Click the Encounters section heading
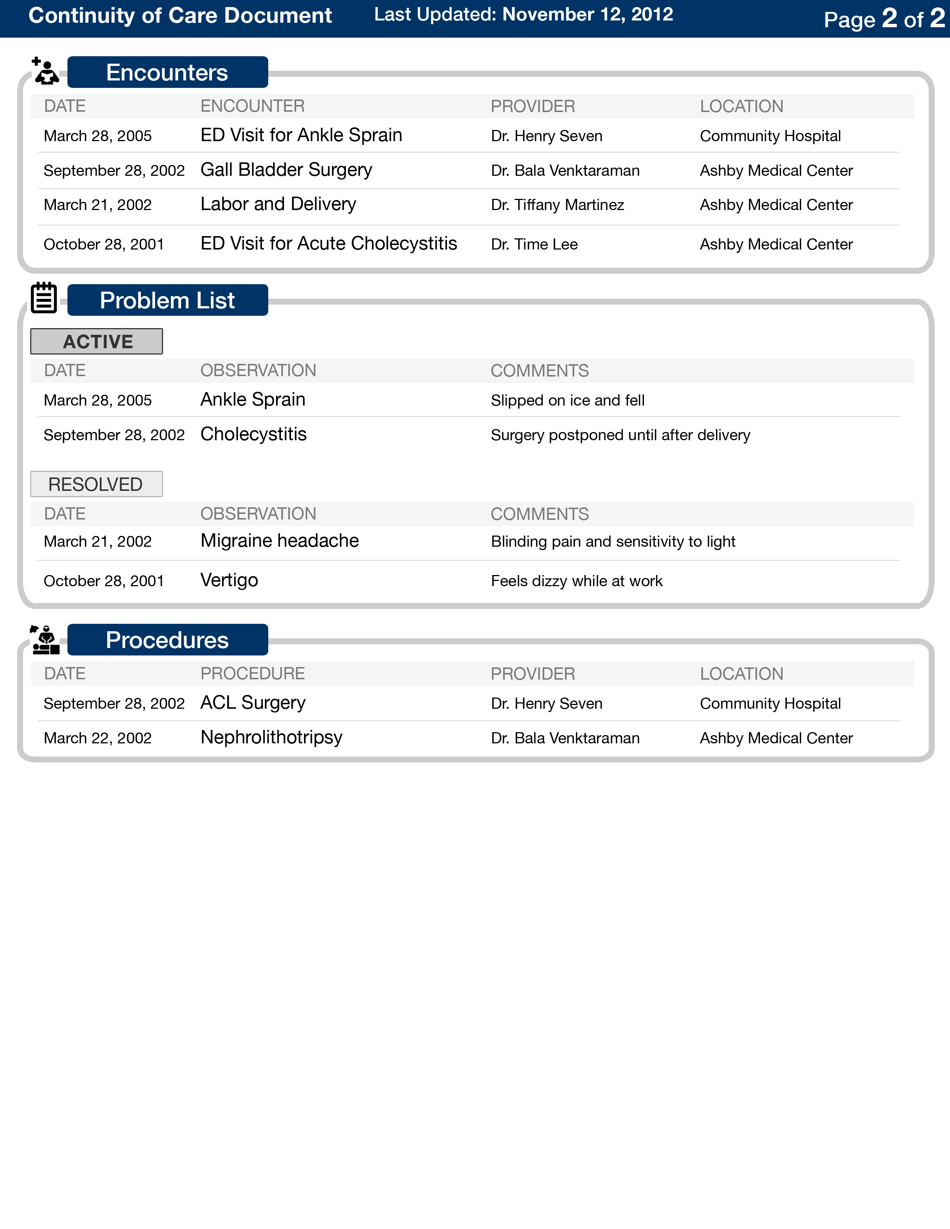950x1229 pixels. pyautogui.click(x=167, y=73)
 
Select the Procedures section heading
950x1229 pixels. pyautogui.click(x=167, y=640)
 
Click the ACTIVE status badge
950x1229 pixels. pyautogui.click(x=97, y=342)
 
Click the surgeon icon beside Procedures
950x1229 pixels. pyautogui.click(x=45, y=640)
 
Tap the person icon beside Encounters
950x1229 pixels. pyautogui.click(x=45, y=72)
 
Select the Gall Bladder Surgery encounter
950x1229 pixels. pyautogui.click(x=286, y=170)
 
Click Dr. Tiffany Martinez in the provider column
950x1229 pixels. pyautogui.click(x=557, y=205)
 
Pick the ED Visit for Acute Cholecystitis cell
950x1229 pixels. pyautogui.click(x=329, y=244)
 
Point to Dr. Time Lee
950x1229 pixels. pyautogui.click(x=534, y=244)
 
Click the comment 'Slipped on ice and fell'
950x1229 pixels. pyautogui.click(x=567, y=400)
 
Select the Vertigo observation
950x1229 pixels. pyautogui.click(x=229, y=580)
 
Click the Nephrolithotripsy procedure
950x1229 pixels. pyautogui.click(x=271, y=737)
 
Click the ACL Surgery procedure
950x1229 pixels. pyautogui.click(x=253, y=703)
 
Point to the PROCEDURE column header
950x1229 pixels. pyautogui.click(x=253, y=674)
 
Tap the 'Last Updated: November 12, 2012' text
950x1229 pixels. pyautogui.click(x=523, y=15)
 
